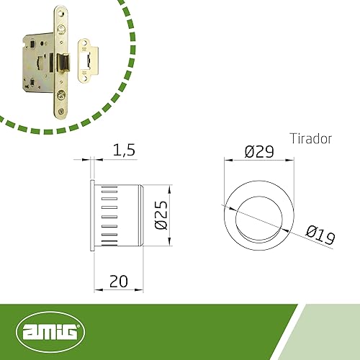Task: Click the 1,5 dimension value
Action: tap(124, 150)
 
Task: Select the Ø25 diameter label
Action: tap(161, 215)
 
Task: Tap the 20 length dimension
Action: tap(119, 282)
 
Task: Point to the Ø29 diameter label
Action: tap(259, 152)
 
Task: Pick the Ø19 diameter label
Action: tap(320, 235)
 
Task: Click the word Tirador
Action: tap(311, 139)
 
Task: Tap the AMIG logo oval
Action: tap(50, 332)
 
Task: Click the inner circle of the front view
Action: tap(259, 197)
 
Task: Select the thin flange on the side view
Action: tap(92, 215)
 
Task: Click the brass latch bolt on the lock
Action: tap(63, 63)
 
